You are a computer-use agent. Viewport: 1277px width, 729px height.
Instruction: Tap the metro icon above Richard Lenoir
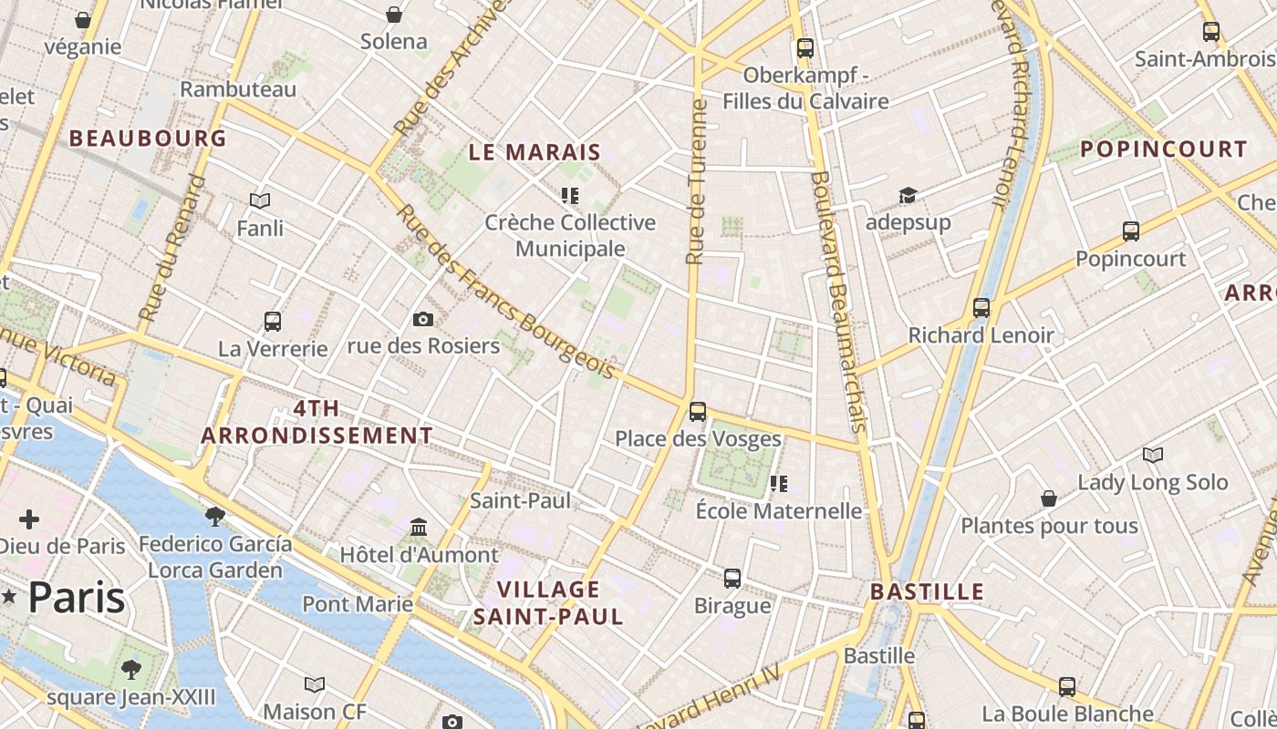coord(981,308)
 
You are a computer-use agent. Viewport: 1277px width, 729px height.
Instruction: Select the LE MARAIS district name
coord(535,152)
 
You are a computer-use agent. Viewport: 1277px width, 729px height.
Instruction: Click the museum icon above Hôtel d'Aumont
coord(419,528)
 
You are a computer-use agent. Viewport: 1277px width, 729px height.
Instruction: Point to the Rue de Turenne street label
coord(697,182)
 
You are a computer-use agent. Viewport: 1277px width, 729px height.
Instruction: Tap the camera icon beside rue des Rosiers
coord(422,319)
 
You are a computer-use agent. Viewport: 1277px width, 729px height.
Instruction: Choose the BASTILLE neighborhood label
coord(927,591)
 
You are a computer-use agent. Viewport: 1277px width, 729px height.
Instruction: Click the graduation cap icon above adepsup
coord(907,195)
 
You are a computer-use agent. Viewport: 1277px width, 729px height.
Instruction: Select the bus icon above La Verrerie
coord(272,321)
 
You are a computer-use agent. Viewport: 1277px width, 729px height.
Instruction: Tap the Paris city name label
coord(77,598)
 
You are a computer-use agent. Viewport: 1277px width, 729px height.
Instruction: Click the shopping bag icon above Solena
coord(394,15)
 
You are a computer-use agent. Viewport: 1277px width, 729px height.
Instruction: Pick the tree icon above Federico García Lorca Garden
coord(215,517)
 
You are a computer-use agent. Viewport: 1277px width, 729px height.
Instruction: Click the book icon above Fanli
coord(260,200)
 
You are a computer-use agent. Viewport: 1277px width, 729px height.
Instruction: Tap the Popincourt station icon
coord(1130,231)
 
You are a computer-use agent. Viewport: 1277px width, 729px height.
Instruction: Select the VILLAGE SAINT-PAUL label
coord(548,602)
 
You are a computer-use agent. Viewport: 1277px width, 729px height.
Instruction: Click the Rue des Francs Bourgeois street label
coord(506,292)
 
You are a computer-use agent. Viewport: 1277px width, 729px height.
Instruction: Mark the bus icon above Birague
coord(732,578)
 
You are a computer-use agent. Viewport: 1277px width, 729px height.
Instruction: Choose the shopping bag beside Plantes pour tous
coord(1049,498)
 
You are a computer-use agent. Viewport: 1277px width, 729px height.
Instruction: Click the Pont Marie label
coord(358,603)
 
